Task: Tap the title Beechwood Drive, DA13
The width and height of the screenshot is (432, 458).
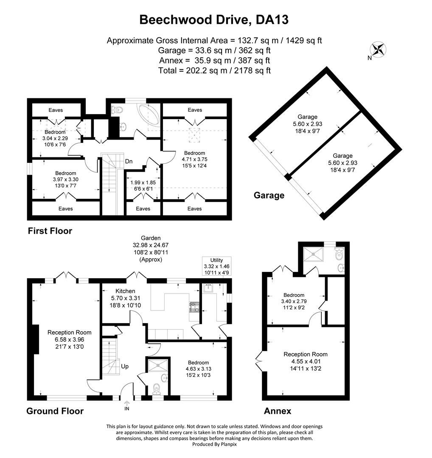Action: [214, 20]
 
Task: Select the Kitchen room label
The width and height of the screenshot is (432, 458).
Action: [125, 291]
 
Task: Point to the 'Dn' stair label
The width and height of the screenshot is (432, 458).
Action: [129, 161]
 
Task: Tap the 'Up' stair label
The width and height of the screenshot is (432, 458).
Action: [125, 366]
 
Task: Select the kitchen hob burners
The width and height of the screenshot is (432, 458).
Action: [194, 307]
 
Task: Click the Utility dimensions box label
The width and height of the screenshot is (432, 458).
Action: [216, 266]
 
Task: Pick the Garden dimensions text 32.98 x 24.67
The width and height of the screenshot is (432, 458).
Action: [151, 245]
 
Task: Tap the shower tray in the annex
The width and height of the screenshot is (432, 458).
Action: [313, 254]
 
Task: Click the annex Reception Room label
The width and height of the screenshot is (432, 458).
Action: [306, 354]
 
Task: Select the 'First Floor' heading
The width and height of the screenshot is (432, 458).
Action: [50, 231]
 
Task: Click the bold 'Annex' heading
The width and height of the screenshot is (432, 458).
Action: [278, 411]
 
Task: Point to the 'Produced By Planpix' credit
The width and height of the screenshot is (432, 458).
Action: [214, 444]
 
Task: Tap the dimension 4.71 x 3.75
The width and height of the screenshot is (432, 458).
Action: [194, 159]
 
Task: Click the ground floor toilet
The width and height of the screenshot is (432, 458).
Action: [157, 389]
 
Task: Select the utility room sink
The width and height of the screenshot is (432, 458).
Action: [209, 288]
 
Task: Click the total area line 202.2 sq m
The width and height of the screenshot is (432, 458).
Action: [215, 70]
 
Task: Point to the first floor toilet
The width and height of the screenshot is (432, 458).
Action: [117, 110]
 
